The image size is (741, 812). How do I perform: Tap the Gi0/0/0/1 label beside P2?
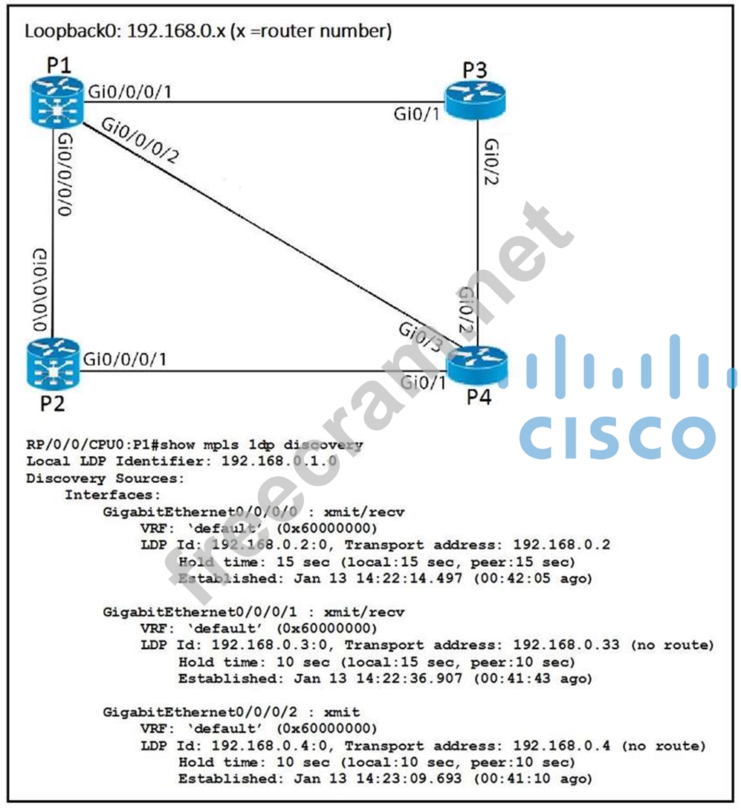[125, 359]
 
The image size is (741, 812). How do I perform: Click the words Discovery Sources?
[105, 478]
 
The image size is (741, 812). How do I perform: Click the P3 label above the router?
[475, 71]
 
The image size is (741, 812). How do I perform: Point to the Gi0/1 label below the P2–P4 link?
[423, 383]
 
